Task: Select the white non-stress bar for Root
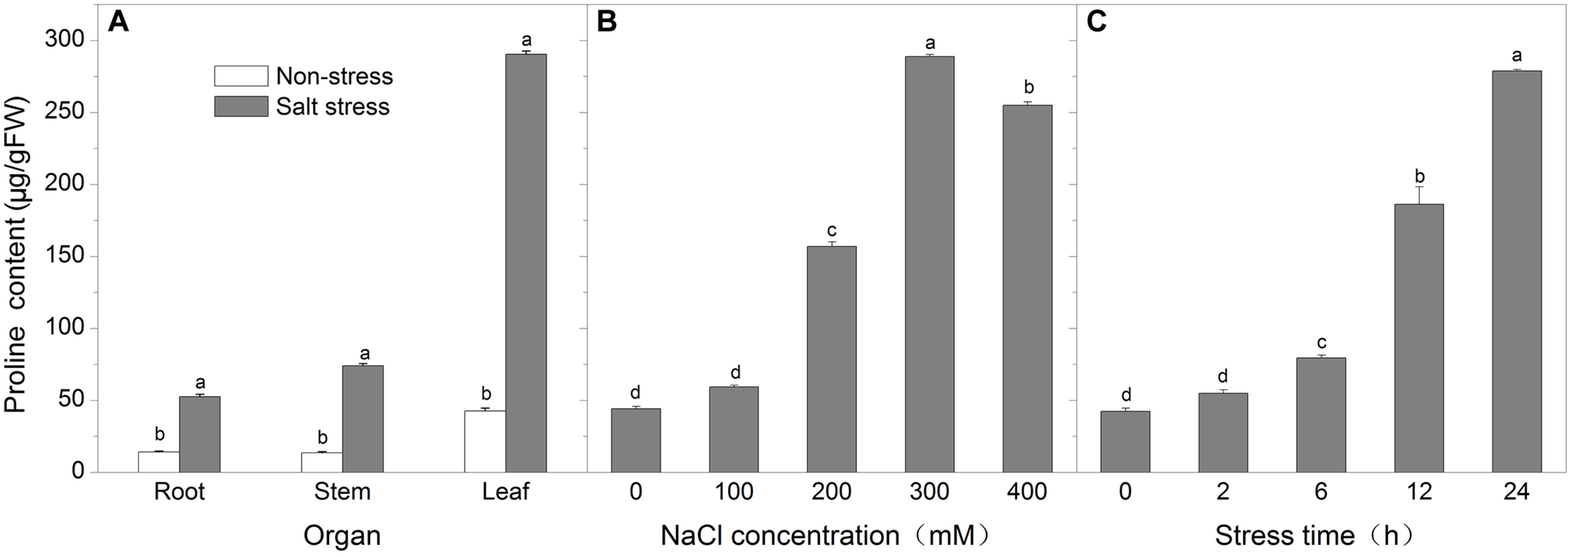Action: tap(159, 462)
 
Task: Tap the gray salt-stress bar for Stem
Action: tap(362, 419)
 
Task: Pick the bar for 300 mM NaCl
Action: tap(929, 264)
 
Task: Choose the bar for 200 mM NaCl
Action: tap(831, 359)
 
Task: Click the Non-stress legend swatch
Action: tap(241, 76)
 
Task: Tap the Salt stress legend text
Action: tap(333, 106)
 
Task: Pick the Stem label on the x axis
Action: tap(342, 492)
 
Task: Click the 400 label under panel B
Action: tap(1027, 492)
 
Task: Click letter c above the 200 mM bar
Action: tap(831, 230)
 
